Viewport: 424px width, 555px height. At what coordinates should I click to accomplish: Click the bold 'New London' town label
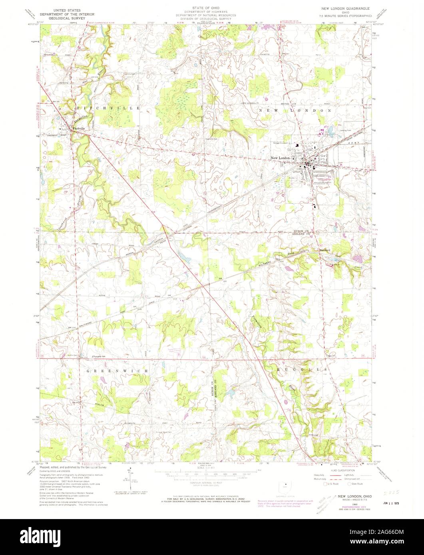(x=281, y=159)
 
